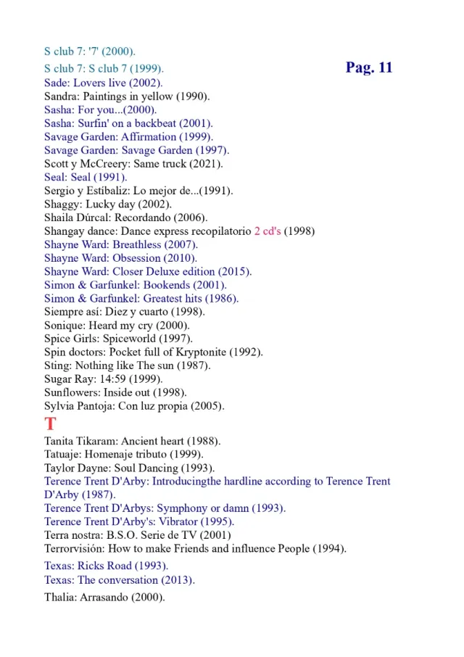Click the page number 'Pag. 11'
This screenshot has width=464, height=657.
pyautogui.click(x=369, y=68)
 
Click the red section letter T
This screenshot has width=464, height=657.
pyautogui.click(x=50, y=424)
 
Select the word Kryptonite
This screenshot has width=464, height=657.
pyautogui.click(x=201, y=352)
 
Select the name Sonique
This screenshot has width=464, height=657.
pyautogui.click(x=63, y=326)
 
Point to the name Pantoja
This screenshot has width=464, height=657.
pyautogui.click(x=99, y=406)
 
